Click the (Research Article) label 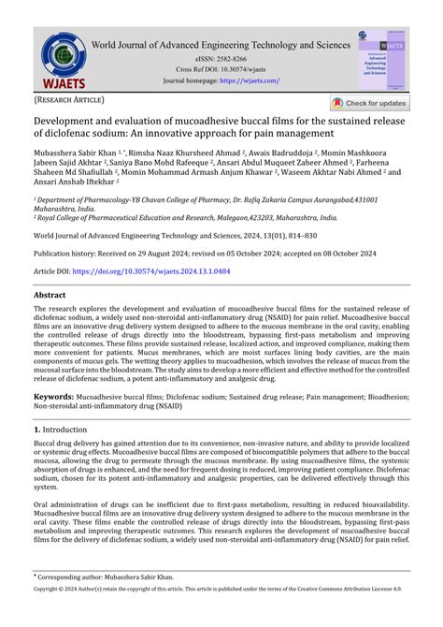point(70,99)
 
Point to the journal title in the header point(221,43)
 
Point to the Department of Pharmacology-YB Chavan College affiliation point(215,199)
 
